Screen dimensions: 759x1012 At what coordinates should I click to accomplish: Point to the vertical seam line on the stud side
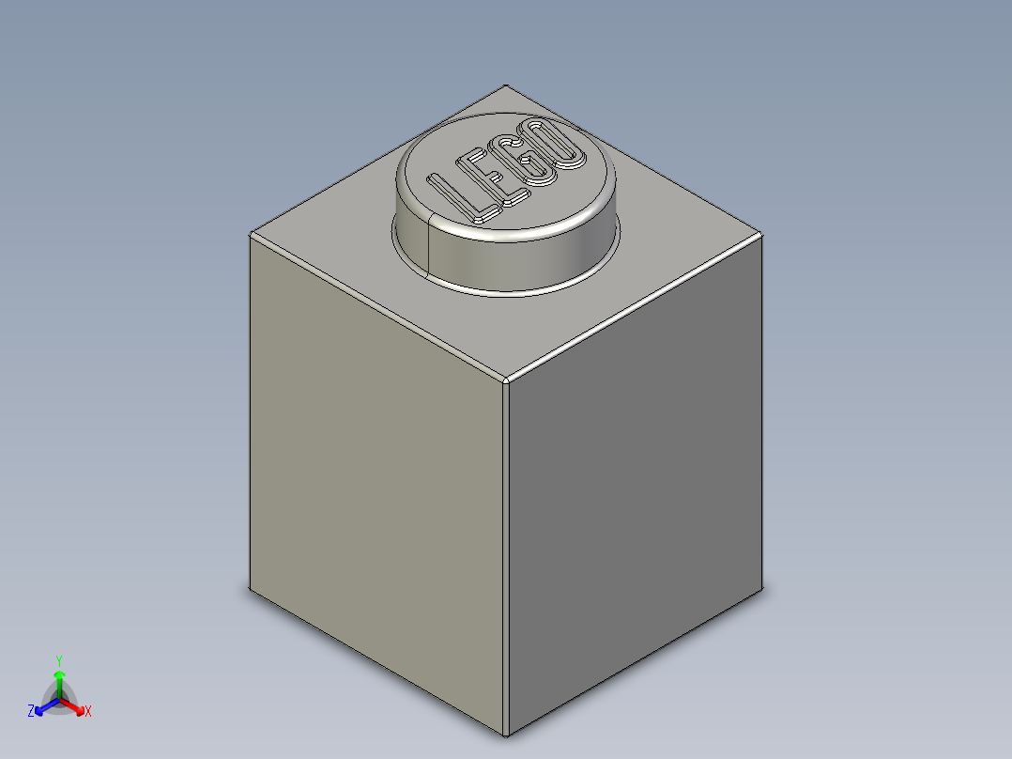click(428, 246)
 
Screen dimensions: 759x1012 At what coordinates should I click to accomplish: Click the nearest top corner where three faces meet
click(506, 380)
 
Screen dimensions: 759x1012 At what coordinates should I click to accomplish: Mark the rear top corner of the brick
click(506, 85)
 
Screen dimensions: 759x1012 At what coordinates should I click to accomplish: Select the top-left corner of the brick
click(250, 234)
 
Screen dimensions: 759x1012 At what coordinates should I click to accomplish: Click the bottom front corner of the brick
click(506, 736)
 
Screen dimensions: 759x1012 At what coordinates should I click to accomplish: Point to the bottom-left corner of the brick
click(250, 589)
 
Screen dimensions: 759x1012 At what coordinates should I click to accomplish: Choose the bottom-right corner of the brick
click(761, 587)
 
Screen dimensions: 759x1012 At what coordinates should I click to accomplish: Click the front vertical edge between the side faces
click(506, 564)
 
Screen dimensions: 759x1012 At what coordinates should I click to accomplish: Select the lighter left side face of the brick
click(376, 479)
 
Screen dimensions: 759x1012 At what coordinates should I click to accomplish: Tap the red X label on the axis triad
click(88, 712)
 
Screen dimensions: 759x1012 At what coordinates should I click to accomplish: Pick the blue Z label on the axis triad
click(31, 712)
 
